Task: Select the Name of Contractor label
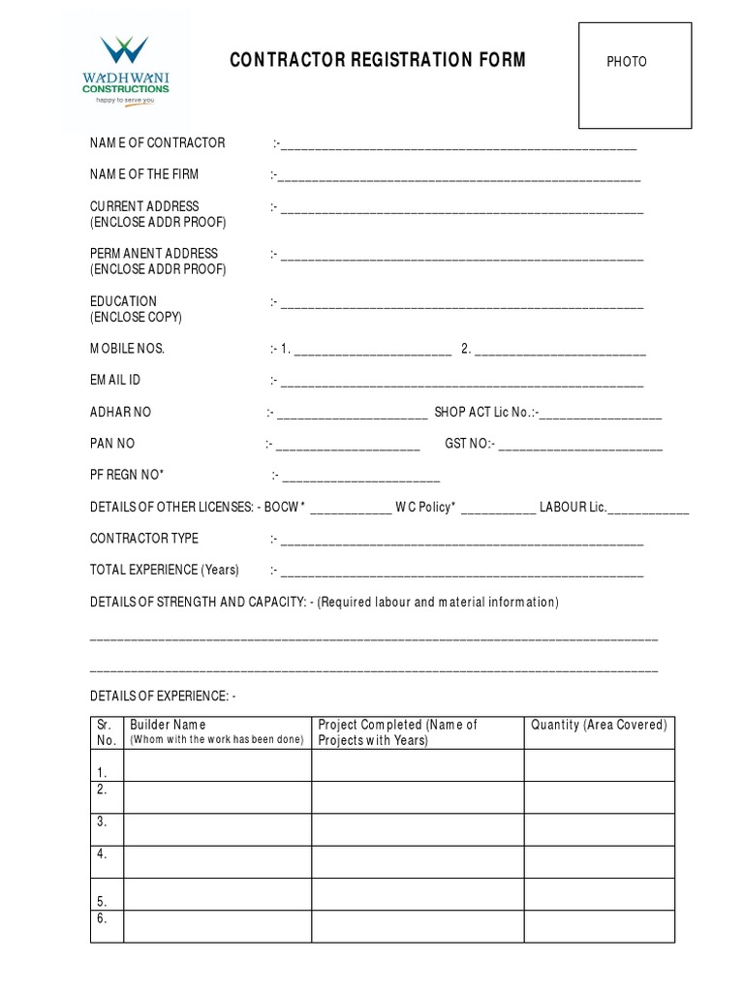[x=157, y=142]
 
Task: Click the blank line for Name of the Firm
[x=460, y=178]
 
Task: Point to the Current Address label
[x=144, y=206]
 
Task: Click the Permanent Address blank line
[x=462, y=258]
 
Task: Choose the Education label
[x=123, y=301]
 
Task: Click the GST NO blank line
[x=580, y=448]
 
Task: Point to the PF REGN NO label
[x=127, y=475]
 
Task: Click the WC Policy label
[x=424, y=507]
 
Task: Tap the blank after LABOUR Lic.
[x=649, y=511]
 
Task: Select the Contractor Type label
[x=144, y=538]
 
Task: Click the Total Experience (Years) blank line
[x=462, y=573]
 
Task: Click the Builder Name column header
[x=168, y=725]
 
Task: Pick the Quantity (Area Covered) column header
[x=599, y=725]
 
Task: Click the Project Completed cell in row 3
[x=418, y=829]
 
